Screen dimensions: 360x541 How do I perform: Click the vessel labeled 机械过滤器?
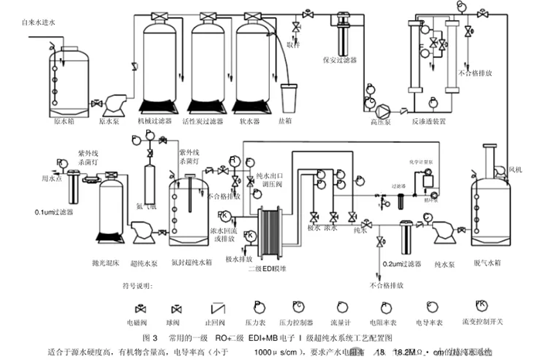click(159, 66)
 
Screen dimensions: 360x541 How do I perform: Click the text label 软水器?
click(248, 121)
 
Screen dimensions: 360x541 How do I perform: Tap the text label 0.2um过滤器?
click(403, 265)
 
